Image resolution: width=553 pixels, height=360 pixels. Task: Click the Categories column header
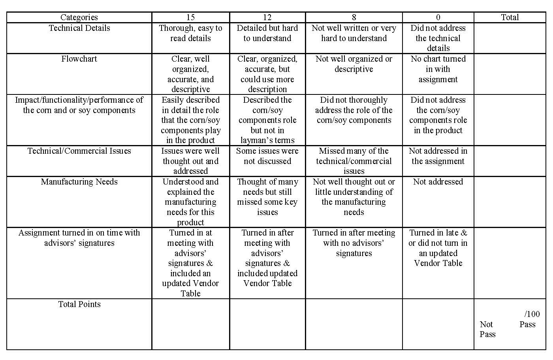[79, 17]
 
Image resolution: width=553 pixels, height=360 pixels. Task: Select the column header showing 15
[190, 17]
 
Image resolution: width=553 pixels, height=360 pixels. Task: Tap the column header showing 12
[267, 17]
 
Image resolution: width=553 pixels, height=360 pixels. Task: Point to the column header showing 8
[354, 17]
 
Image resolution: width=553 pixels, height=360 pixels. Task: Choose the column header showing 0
[438, 17]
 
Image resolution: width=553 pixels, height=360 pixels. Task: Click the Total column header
[510, 17]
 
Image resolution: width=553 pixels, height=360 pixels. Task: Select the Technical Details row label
[79, 28]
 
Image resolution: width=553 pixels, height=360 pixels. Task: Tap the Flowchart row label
[79, 59]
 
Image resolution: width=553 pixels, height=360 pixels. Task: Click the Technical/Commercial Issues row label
[79, 151]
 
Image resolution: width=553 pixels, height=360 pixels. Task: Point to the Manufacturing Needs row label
[79, 182]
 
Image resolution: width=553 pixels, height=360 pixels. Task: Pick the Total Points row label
[79, 304]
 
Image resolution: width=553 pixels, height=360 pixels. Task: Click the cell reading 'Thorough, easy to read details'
[190, 33]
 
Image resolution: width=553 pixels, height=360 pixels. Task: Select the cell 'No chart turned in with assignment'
[438, 69]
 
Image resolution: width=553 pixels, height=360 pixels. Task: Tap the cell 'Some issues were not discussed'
[267, 156]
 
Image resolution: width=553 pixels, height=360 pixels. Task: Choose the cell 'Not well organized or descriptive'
[354, 64]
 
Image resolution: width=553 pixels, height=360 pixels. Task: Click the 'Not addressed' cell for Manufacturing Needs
[438, 182]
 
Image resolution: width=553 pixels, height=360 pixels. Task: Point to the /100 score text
[532, 315]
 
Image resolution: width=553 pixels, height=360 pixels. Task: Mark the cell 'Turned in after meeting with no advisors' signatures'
[354, 243]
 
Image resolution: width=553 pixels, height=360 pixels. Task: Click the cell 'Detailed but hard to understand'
[267, 33]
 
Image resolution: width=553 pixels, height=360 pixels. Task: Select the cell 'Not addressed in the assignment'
[438, 156]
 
